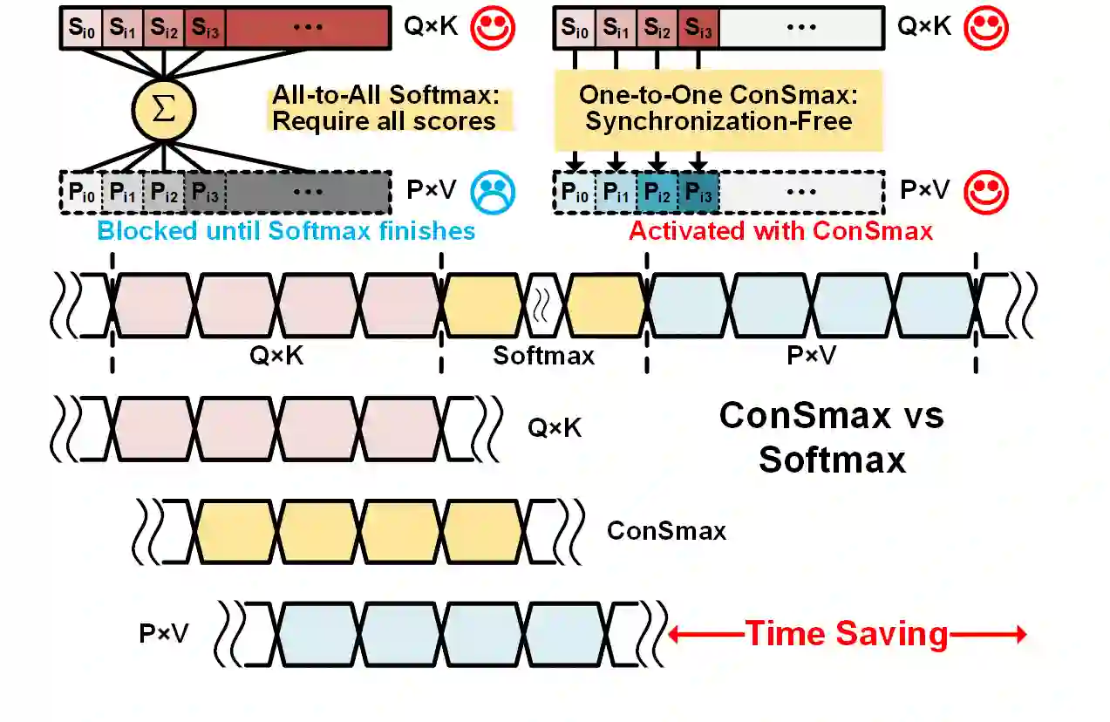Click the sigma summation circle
pyautogui.click(x=163, y=110)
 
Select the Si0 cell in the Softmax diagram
pyautogui.click(x=81, y=28)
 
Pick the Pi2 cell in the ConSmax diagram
pyautogui.click(x=658, y=191)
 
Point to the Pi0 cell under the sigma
pyautogui.click(x=80, y=191)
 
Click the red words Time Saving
pyautogui.click(x=846, y=634)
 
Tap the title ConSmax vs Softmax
pyautogui.click(x=831, y=437)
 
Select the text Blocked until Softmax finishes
pyautogui.click(x=286, y=231)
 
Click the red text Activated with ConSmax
pyautogui.click(x=780, y=231)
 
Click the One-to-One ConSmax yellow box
pyautogui.click(x=718, y=109)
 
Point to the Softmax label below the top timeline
pyautogui.click(x=543, y=356)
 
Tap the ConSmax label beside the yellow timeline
pyautogui.click(x=666, y=530)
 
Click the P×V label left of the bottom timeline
pyautogui.click(x=164, y=633)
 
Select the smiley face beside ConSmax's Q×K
pyautogui.click(x=985, y=28)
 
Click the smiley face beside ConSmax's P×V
pyautogui.click(x=985, y=190)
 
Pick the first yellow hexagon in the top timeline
pyautogui.click(x=482, y=304)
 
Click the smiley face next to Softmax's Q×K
pyautogui.click(x=494, y=28)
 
